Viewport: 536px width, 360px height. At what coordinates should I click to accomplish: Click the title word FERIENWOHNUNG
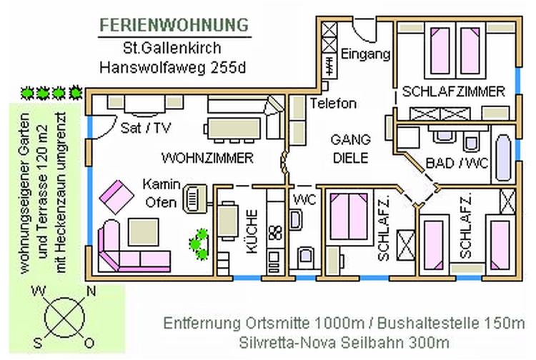coord(174,24)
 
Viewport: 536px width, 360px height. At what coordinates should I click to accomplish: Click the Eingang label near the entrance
coord(364,54)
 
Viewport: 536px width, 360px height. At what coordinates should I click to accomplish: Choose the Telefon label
coord(333,104)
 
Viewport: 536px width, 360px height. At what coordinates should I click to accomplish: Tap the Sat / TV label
coord(142,129)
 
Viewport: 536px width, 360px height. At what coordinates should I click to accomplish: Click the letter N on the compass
coord(91,291)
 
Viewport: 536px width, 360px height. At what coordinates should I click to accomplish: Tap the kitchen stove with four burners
coord(275,232)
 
